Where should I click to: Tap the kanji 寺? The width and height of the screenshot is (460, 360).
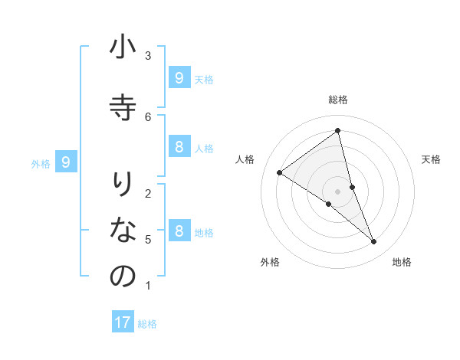[123, 107]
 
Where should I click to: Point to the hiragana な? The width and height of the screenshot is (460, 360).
[123, 229]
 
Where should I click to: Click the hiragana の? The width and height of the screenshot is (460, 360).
[123, 277]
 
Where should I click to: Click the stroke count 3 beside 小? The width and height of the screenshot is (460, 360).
[148, 56]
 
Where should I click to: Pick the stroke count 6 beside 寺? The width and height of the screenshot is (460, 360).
[148, 116]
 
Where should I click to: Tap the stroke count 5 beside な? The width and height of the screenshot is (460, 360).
[148, 240]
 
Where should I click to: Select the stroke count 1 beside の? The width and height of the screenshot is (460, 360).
[148, 286]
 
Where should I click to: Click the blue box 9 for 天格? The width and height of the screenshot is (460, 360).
[179, 78]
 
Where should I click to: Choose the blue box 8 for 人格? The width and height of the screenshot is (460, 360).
[179, 147]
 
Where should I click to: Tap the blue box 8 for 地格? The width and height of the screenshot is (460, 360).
[179, 231]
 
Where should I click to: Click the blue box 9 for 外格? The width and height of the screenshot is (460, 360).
[66, 162]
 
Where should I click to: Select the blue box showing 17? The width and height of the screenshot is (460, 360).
[123, 322]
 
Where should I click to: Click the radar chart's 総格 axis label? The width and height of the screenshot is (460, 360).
[338, 100]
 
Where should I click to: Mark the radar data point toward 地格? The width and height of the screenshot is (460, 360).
[374, 242]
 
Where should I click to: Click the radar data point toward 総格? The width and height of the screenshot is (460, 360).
[338, 131]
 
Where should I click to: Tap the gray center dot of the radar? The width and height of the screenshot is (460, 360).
[338, 191]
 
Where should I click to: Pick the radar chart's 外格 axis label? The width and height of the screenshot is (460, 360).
[270, 262]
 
